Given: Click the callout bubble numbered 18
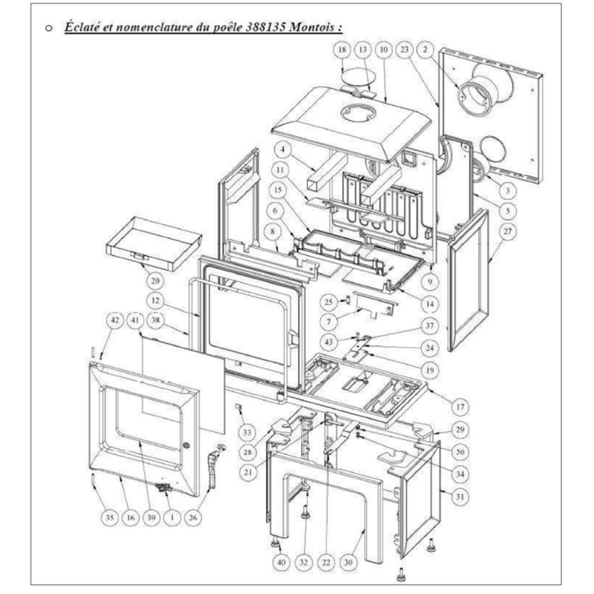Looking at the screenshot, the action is (343, 49).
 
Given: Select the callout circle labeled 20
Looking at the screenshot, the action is (155, 281).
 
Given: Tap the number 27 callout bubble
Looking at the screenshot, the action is (507, 231).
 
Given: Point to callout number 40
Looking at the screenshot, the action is (282, 562).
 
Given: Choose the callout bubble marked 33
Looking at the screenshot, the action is (247, 433).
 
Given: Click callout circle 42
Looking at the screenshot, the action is (115, 320).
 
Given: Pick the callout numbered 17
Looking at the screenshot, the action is (460, 407).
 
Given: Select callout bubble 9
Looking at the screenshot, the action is (430, 281).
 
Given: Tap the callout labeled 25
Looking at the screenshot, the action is (329, 302).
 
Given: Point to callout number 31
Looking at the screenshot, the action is (460, 496).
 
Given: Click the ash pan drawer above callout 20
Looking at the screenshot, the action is (154, 244).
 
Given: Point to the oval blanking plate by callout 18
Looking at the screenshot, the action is (356, 77).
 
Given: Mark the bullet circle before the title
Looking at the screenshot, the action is (49, 28).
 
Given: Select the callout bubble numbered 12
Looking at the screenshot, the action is (155, 300).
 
